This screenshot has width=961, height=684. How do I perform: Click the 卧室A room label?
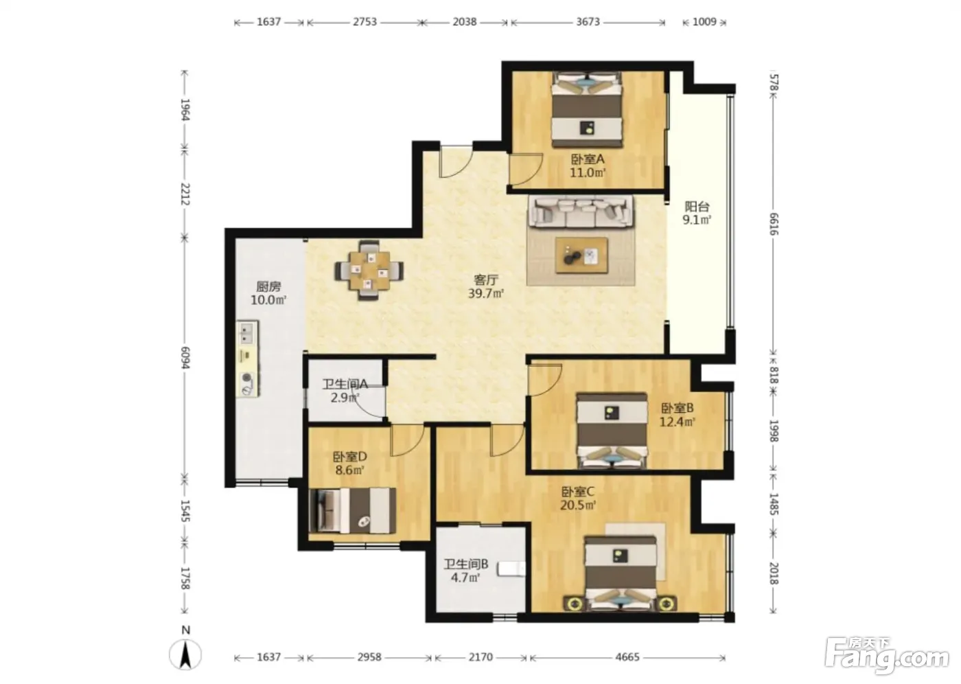pos(588,159)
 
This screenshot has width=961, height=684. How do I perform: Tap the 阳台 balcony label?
pos(697,207)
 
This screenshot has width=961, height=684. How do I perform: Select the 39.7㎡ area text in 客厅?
pos(486,294)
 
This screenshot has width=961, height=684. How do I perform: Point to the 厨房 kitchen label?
pos(268,286)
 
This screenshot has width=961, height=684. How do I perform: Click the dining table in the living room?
pos(369,271)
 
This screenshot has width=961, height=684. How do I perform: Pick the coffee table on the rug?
pos(581,255)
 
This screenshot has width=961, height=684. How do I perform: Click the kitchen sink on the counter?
pos(247,334)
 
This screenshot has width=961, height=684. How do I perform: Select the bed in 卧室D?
pos(352,510)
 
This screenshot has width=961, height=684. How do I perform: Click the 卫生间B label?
pos(466,564)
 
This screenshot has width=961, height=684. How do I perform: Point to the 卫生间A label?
pos(345,384)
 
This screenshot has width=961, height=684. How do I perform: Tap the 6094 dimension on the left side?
pos(185,357)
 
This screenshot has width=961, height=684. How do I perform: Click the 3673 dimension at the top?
pos(588,22)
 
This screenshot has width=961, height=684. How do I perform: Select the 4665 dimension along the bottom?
pos(627,657)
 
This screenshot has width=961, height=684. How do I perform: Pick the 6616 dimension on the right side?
pos(774,224)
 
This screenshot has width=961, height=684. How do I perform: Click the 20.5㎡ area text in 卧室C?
pos(578,505)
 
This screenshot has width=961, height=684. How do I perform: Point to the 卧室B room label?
pos(677,408)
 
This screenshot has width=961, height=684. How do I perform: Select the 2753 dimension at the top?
pos(364,22)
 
